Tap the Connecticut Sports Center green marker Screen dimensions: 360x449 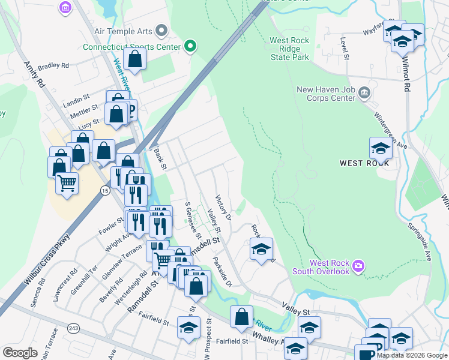coord(191,46)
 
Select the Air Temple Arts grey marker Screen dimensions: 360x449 coord(161,30)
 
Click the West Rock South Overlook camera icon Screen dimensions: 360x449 coord(359,265)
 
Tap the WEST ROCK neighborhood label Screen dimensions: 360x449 coord(364,163)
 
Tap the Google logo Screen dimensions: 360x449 coord(20,353)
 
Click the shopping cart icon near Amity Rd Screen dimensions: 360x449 coord(67,182)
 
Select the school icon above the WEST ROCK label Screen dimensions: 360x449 coord(381,147)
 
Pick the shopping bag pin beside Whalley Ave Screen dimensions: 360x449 coord(241,317)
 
